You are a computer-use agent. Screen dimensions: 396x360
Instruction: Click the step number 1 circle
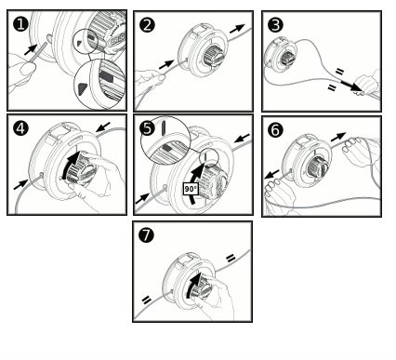20,24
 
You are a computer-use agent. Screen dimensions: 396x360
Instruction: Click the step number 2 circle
147,25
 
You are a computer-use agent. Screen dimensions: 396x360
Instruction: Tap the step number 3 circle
275,25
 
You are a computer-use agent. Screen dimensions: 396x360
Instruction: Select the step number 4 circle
20,128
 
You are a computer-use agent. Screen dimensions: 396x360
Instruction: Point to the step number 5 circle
147,128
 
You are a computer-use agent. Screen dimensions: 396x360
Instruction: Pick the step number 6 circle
275,130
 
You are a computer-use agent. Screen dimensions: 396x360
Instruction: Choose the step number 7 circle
146,235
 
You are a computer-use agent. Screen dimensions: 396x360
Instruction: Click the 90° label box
191,189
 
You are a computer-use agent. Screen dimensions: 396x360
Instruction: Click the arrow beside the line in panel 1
32,49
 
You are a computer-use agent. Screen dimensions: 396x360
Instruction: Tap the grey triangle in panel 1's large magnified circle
83,88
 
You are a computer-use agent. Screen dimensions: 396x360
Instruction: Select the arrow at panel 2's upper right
237,29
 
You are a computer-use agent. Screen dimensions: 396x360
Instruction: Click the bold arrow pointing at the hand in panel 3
350,86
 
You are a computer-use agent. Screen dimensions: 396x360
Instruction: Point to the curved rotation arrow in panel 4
70,165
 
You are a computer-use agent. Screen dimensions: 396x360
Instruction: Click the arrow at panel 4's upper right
102,127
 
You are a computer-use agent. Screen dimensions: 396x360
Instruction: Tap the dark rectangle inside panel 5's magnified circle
167,148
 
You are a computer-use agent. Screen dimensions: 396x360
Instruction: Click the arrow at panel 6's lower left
272,174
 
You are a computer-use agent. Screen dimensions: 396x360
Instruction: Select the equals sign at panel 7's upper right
231,258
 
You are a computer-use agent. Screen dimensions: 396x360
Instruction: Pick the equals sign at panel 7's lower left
146,300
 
